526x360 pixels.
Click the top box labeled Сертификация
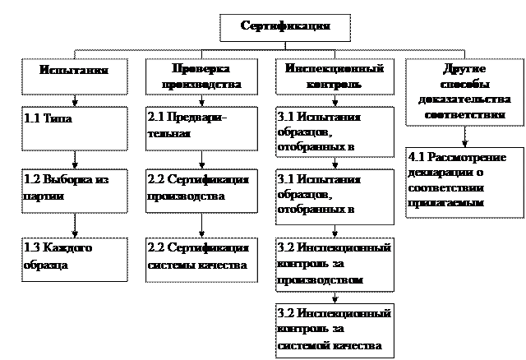pyautogui.click(x=286, y=26)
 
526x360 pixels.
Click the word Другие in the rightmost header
pyautogui.click(x=466, y=70)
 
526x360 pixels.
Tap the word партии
pyautogui.click(x=44, y=196)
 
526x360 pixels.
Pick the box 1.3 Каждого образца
pyautogui.click(x=74, y=256)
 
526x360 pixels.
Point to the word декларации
pyautogui.click(x=437, y=173)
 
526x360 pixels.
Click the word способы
pyautogui.click(x=466, y=85)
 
